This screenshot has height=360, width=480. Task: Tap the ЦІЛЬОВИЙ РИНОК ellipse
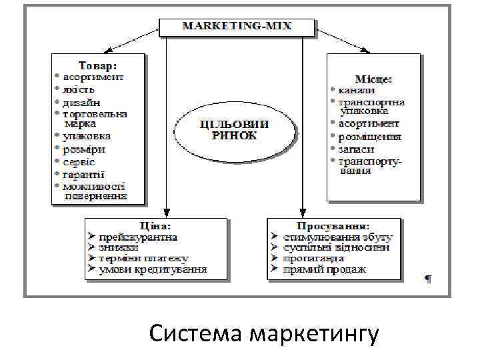(x=234, y=130)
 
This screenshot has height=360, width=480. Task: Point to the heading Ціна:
(x=153, y=226)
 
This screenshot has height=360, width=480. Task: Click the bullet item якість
(x=80, y=89)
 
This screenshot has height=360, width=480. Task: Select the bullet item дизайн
(x=82, y=102)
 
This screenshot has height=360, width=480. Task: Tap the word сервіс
(x=79, y=162)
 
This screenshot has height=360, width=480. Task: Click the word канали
(x=357, y=90)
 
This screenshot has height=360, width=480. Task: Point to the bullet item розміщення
(x=369, y=137)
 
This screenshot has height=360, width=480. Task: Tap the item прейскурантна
(x=138, y=237)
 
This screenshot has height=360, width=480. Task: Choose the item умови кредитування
(x=153, y=269)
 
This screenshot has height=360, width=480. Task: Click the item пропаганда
(x=313, y=258)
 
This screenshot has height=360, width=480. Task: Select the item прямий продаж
(x=325, y=269)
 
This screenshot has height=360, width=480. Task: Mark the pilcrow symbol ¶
(x=427, y=279)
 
